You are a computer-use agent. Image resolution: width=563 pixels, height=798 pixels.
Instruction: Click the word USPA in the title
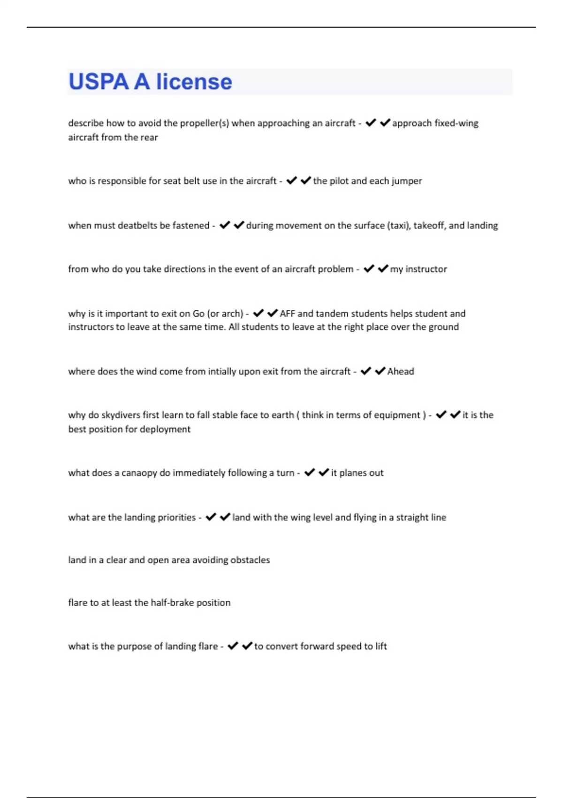pyautogui.click(x=99, y=82)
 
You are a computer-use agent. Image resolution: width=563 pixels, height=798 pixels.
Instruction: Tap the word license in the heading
pyautogui.click(x=194, y=82)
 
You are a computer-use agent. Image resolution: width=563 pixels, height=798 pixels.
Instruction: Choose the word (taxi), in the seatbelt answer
pyautogui.click(x=399, y=225)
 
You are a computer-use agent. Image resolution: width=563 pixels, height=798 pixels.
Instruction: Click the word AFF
pyautogui.click(x=287, y=313)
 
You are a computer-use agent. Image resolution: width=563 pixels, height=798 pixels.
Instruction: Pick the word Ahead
pyautogui.click(x=401, y=371)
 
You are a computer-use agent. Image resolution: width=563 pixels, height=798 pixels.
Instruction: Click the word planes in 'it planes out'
pyautogui.click(x=352, y=473)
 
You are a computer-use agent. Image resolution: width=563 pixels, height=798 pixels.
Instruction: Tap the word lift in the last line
pyautogui.click(x=381, y=646)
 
